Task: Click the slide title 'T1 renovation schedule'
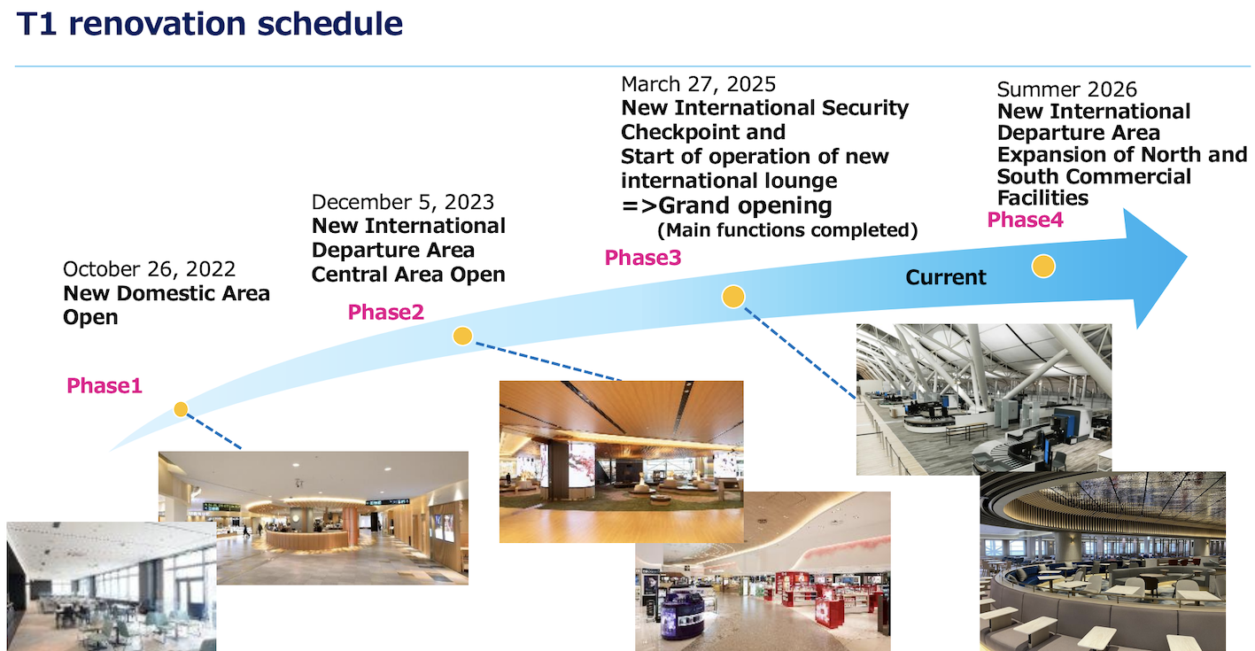[x=210, y=24]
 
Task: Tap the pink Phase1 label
[x=105, y=385]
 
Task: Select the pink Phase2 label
[x=385, y=312]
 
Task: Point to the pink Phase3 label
[x=643, y=258]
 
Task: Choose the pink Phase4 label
[x=1025, y=220]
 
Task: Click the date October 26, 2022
[x=149, y=269]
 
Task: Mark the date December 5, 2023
[x=403, y=202]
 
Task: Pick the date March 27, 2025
[x=698, y=85]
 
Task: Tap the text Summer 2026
[x=1066, y=89]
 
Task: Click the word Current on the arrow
[x=946, y=277]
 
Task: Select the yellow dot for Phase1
[x=181, y=409]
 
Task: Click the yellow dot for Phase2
[x=462, y=337]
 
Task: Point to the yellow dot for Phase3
[x=733, y=297]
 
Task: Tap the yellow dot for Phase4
[x=1043, y=266]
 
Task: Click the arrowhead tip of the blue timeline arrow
[x=1187, y=257]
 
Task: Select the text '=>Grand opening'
[x=726, y=205]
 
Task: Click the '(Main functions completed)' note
[x=787, y=230]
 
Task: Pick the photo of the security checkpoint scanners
[x=984, y=399]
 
